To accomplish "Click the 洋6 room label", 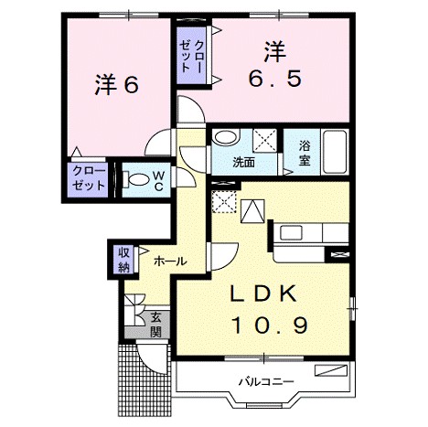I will coord(115,85).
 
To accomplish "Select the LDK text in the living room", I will coord(261,294).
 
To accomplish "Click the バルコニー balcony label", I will coord(265,380).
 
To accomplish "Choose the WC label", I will coord(157,179).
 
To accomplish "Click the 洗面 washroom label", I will coord(242,163).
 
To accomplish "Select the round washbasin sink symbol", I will coord(225,139).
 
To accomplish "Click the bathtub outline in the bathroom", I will coord(334,152).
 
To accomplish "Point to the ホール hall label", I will coord(170,262).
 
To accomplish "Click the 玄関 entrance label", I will coord(156,324).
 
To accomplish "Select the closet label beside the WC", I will coord(90,177).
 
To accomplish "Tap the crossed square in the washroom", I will coord(266,141).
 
